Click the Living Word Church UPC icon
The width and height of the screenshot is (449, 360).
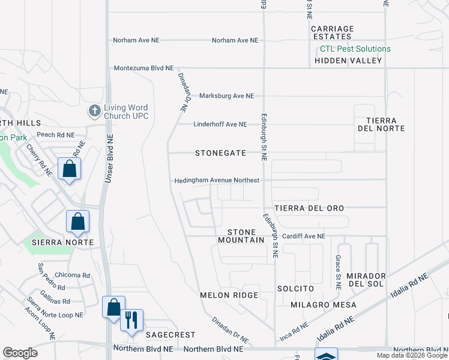tap(94, 111)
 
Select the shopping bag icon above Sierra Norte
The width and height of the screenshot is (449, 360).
tap(78, 221)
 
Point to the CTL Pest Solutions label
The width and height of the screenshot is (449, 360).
tap(355, 49)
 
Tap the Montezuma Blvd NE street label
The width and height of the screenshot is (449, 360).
tap(143, 68)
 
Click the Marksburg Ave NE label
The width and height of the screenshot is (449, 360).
tap(226, 96)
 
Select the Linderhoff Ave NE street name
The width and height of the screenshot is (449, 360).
tap(220, 124)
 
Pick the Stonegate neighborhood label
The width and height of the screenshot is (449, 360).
tap(220, 153)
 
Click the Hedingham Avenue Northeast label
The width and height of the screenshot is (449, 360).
tap(217, 180)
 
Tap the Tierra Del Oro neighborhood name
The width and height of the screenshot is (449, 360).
tap(309, 208)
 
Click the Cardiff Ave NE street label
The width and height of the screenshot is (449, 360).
tap(303, 236)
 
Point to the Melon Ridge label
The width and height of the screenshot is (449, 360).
tap(229, 295)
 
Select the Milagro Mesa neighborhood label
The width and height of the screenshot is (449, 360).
tap(323, 305)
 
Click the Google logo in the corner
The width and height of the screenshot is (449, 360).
tap(20, 353)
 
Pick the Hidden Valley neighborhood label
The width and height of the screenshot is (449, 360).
tap(348, 61)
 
